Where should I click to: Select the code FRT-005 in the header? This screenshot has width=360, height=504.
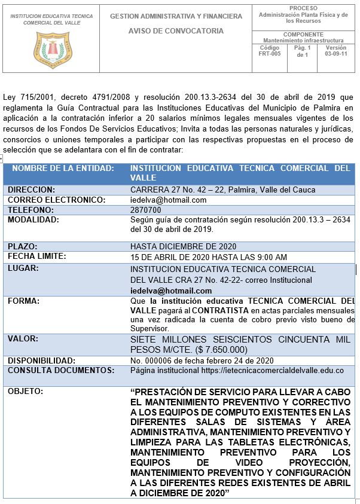tap(269, 53)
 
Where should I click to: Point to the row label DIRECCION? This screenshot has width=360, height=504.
tap(31, 190)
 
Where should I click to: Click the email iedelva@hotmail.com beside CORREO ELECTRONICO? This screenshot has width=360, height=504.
tap(168, 200)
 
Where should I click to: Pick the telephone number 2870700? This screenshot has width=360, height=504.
tap(145, 210)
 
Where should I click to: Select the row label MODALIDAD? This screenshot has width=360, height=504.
tap(33, 220)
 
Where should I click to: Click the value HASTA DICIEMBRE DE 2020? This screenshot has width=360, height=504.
tap(183, 246)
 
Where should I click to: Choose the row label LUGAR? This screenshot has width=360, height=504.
tap(23, 268)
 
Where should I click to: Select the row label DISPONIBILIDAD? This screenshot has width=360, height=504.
tap(41, 361)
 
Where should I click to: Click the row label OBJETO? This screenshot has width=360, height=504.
tap(25, 392)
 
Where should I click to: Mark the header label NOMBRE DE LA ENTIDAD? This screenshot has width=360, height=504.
tap(63, 169)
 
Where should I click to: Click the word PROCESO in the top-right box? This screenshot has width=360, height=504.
tap(303, 8)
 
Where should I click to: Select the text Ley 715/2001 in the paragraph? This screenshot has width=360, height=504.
tap(25, 96)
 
